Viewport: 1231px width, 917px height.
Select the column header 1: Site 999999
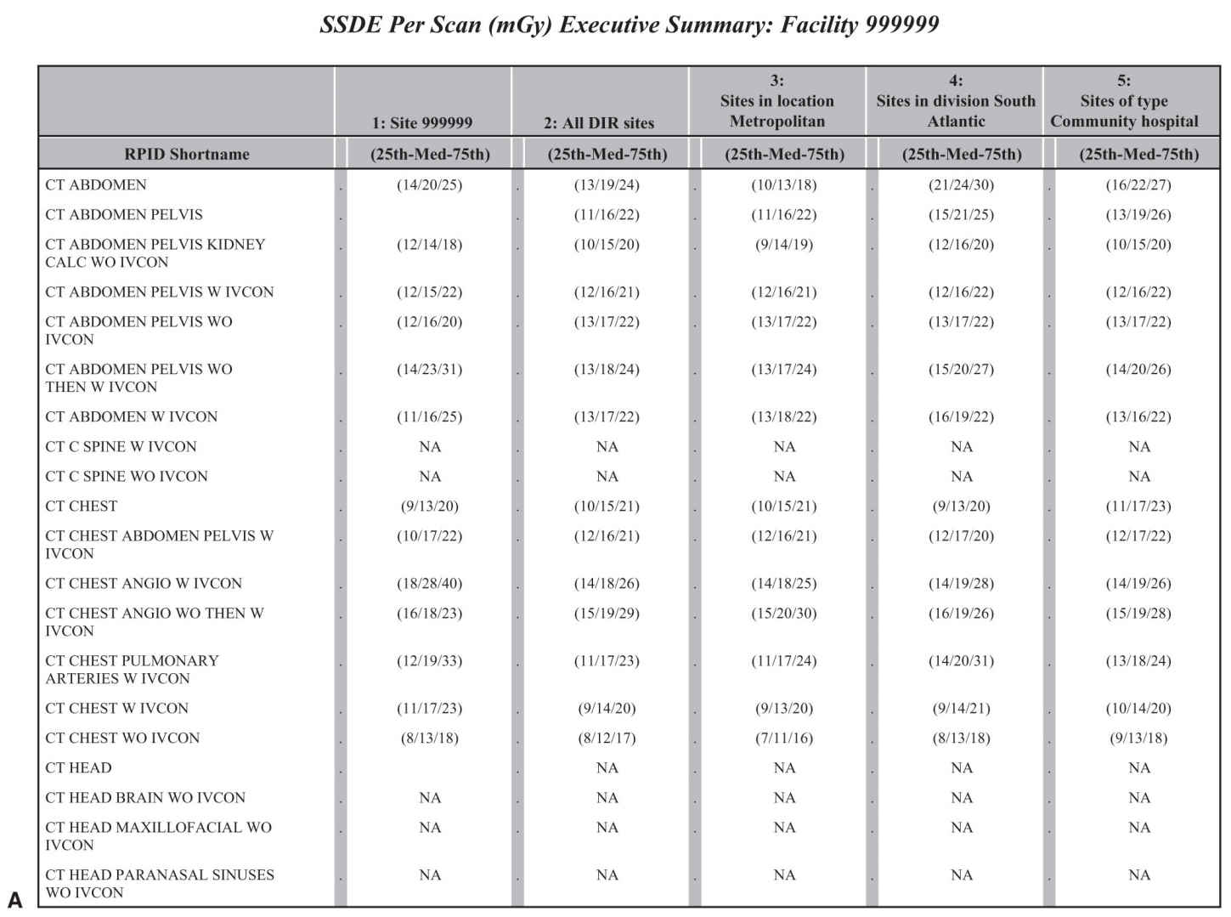tap(422, 122)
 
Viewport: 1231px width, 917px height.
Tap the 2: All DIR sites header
tap(599, 122)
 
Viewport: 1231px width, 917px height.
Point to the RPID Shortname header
tap(187, 155)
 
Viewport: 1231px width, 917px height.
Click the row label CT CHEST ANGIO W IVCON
tap(144, 583)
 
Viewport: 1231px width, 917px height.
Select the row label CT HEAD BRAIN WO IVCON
tap(145, 797)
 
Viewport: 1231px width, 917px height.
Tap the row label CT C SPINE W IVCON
tap(121, 446)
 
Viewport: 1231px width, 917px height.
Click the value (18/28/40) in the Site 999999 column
tap(430, 583)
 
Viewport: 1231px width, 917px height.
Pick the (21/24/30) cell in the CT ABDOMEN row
tap(961, 184)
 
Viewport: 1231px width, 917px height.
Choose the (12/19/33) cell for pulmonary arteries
tap(430, 660)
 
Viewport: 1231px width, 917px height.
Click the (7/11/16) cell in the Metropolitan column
tap(784, 738)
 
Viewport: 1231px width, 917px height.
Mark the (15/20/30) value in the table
tap(784, 613)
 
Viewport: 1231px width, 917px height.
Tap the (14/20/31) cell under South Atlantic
tap(961, 660)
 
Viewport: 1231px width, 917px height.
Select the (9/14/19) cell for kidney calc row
tap(784, 244)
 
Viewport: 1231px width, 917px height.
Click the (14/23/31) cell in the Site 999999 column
tap(430, 369)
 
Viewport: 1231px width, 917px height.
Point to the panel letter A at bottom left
tap(14, 899)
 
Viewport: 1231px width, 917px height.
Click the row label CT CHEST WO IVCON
tap(122, 738)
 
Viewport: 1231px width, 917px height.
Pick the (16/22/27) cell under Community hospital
tap(1138, 184)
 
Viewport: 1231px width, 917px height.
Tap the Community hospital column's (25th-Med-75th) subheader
tap(1138, 155)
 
